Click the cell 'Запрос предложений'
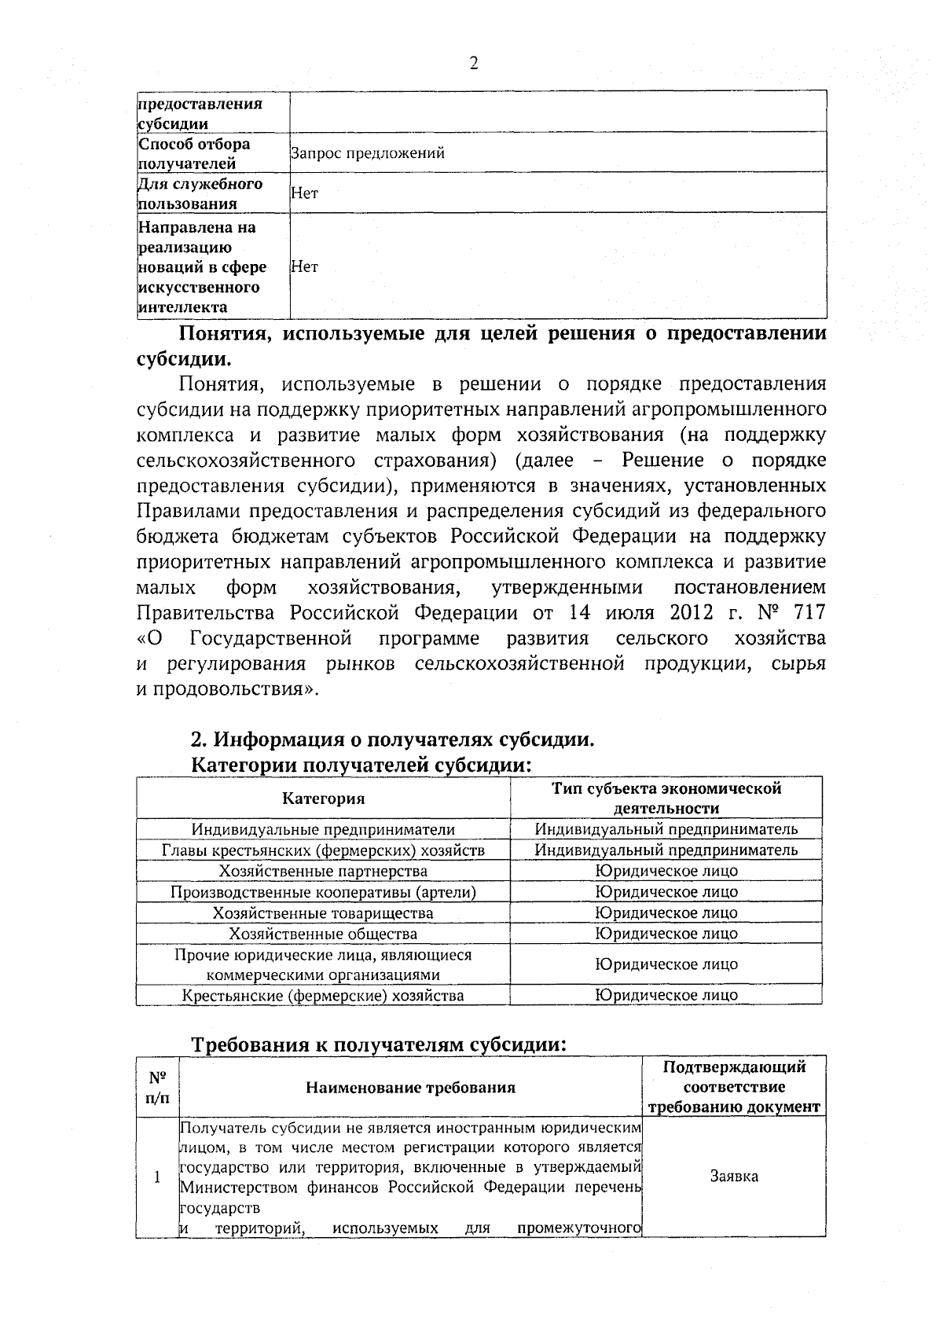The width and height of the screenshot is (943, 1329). [368, 153]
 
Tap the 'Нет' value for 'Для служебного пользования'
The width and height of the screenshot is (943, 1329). [305, 193]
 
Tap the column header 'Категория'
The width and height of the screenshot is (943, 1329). [324, 799]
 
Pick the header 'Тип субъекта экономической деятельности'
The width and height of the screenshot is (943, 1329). [666, 799]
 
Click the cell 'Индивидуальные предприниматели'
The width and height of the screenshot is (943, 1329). [323, 829]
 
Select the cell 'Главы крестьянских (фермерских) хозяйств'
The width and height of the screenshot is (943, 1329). [323, 850]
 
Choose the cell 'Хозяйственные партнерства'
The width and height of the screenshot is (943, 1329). [323, 871]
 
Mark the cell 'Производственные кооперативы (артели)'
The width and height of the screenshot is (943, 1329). [323, 892]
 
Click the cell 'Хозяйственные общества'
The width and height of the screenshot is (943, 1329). [323, 934]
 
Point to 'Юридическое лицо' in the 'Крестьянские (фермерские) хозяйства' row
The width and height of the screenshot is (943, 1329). [666, 995]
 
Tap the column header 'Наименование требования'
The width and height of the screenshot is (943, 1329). [410, 1088]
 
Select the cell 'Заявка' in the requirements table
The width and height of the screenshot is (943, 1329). [734, 1177]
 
